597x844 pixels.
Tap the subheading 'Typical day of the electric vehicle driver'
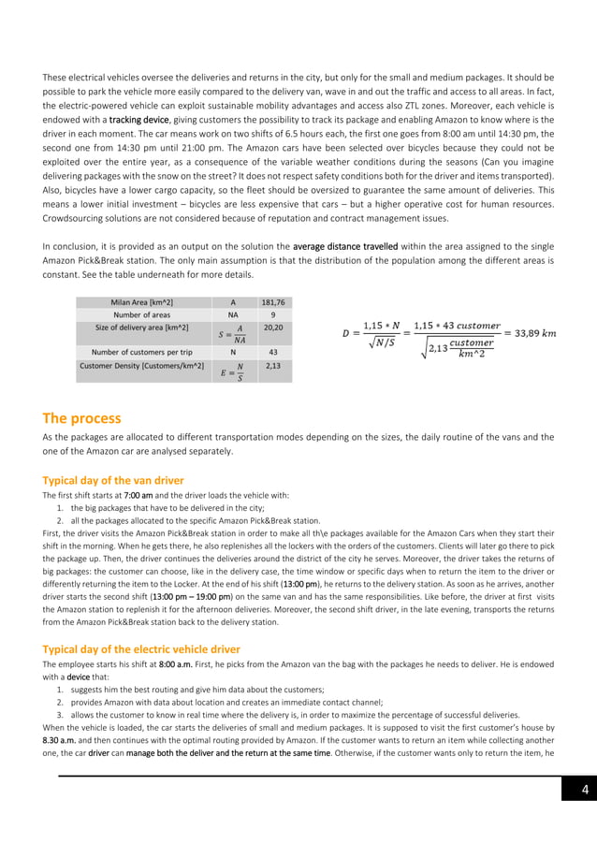coord(141,648)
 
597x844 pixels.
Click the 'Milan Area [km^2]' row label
coord(140,301)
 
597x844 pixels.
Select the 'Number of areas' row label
coord(140,315)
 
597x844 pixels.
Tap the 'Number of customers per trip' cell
coord(140,352)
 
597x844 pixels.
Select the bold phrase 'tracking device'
coord(138,121)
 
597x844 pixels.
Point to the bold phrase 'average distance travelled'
coord(345,246)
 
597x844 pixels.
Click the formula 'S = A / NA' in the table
coord(233,334)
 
